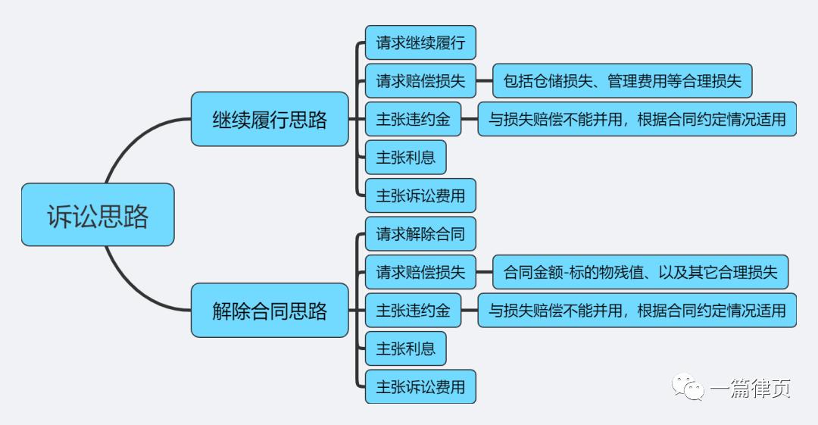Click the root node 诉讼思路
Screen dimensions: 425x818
(98, 215)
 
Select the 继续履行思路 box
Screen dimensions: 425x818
(270, 119)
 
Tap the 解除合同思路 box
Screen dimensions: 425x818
(270, 310)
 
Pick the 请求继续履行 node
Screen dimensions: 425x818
(420, 42)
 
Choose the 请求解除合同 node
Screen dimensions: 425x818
(420, 233)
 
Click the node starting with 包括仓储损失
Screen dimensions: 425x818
(622, 81)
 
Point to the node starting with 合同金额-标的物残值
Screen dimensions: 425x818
(640, 272)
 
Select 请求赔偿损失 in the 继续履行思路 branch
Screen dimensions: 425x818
(420, 81)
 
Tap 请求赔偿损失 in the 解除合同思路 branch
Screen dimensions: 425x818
(420, 272)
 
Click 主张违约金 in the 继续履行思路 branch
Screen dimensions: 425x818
(413, 119)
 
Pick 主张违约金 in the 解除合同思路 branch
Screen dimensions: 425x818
(413, 310)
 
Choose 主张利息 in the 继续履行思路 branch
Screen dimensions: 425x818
(405, 158)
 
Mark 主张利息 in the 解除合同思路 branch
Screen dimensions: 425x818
(405, 348)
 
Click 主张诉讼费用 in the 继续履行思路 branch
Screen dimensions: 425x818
(420, 195)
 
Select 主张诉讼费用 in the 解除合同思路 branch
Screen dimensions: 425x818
(420, 386)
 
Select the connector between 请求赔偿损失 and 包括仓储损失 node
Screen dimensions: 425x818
(485, 81)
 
